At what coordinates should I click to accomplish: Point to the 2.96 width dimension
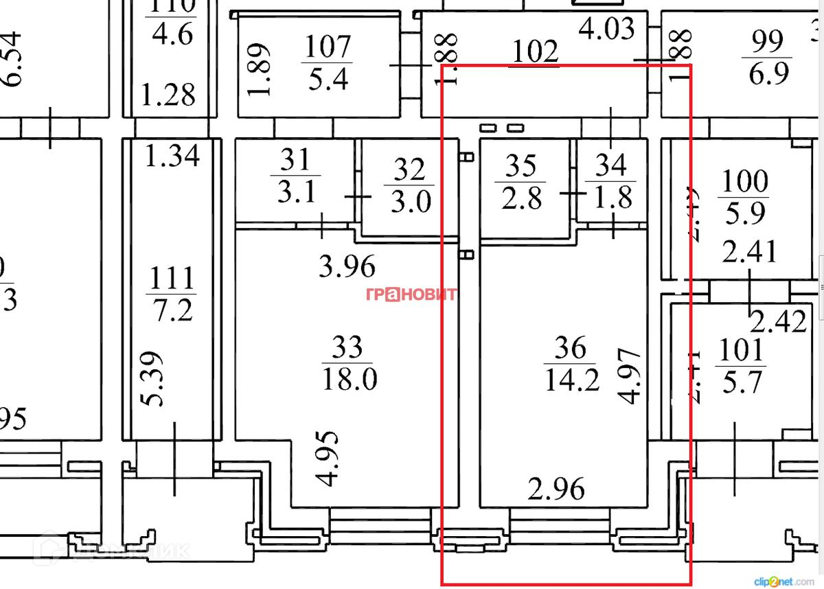tap(556, 489)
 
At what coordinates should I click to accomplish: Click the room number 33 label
tap(347, 348)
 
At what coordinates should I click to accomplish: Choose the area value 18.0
tap(349, 378)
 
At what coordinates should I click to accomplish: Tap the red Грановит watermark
tap(411, 294)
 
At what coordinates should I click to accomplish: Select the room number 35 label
tap(521, 166)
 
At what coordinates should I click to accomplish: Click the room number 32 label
tap(409, 170)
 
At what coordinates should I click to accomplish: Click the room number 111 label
tap(172, 279)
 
